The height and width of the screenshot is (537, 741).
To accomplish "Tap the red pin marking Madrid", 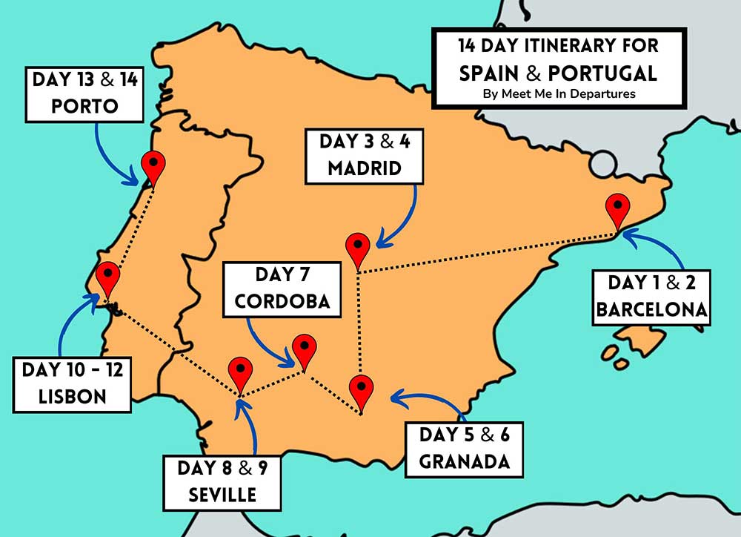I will point(358,248).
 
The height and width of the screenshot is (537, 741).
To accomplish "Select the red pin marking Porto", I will point(153,165).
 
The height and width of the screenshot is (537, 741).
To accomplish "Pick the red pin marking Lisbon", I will point(108,277).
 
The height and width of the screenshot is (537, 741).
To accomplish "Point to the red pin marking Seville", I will point(240,372).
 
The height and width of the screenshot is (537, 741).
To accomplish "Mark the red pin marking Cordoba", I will point(304,349).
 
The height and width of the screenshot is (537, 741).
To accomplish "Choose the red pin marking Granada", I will point(361,390).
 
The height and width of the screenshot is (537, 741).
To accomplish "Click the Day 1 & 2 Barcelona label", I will point(651,297).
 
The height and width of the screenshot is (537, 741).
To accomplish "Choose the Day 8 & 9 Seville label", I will point(222,482).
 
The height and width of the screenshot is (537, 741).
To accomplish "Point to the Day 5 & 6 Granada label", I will point(465,448).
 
